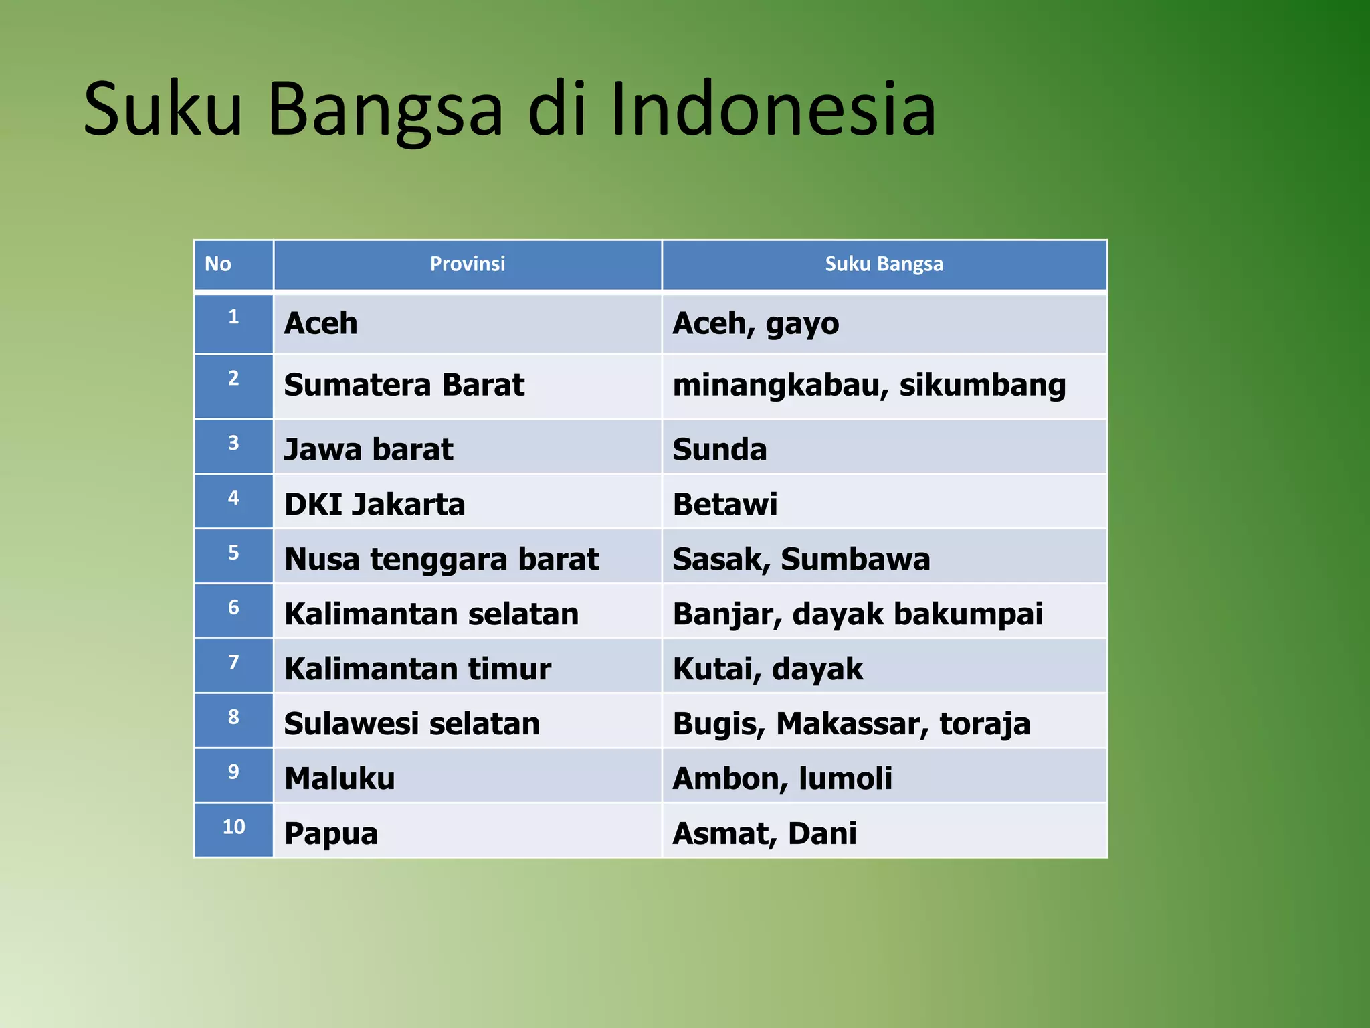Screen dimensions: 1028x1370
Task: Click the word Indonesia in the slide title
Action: pos(772,109)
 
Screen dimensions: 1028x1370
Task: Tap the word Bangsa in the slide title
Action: pos(385,109)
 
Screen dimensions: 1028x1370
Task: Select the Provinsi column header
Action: pos(467,264)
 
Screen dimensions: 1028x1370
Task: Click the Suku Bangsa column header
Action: pos(884,264)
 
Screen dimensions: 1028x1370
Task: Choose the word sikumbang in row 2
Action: pos(982,385)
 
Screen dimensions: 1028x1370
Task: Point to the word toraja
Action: pos(985,724)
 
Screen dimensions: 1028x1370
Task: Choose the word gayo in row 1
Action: pos(802,324)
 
